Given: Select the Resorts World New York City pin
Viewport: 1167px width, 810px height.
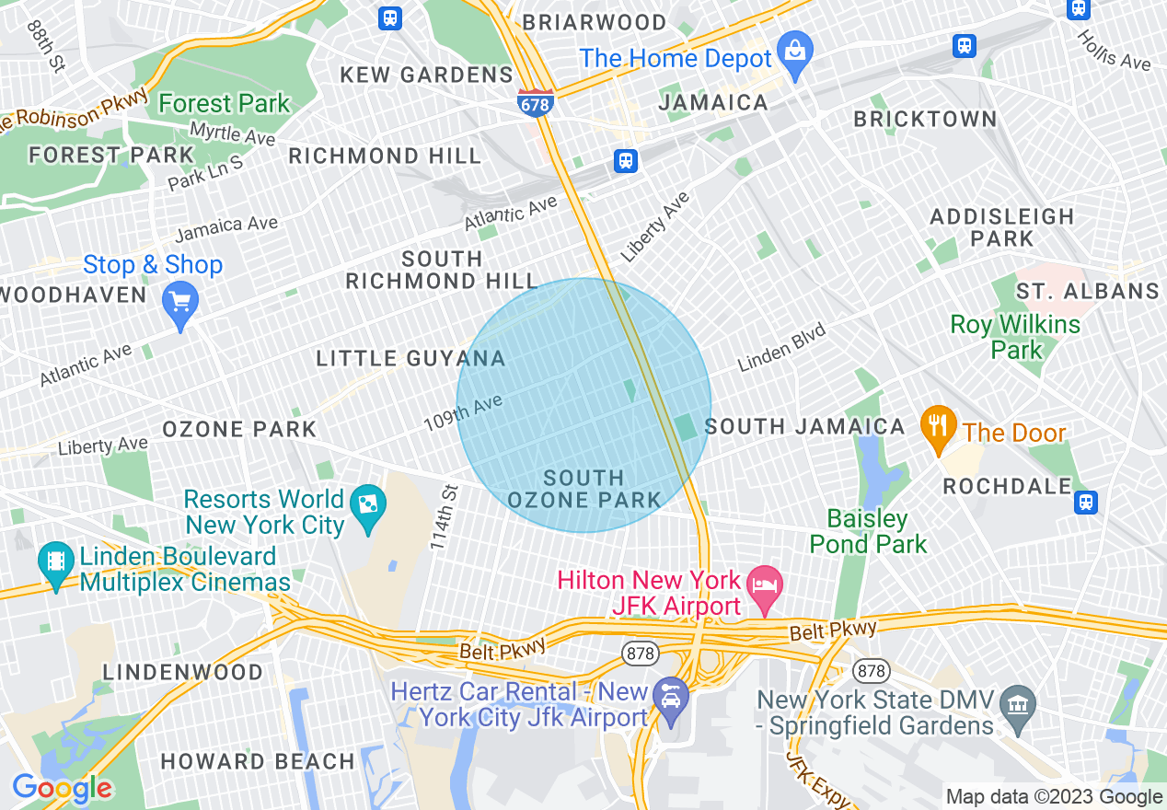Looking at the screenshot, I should pyautogui.click(x=368, y=506).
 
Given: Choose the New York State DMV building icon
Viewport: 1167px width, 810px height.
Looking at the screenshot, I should pyautogui.click(x=1017, y=705).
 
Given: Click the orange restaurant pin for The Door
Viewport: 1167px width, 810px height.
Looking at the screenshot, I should pyautogui.click(x=938, y=426).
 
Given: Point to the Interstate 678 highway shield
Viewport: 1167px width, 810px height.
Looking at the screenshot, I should pyautogui.click(x=534, y=103).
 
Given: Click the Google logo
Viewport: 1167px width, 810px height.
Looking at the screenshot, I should pyautogui.click(x=62, y=788).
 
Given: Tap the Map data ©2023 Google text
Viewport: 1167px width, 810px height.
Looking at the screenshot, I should pyautogui.click(x=1054, y=797).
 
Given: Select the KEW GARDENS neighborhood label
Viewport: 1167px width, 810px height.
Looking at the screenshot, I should pyautogui.click(x=426, y=75).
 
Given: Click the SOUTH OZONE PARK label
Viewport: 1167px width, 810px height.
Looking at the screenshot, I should pyautogui.click(x=583, y=489).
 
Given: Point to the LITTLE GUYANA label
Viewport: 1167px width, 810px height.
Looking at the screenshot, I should pyautogui.click(x=410, y=358).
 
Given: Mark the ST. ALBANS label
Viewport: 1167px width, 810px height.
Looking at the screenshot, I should pyautogui.click(x=1086, y=291).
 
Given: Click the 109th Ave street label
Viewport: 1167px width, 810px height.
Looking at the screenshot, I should pyautogui.click(x=462, y=412).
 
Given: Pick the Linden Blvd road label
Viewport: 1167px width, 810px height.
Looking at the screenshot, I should pyautogui.click(x=781, y=348).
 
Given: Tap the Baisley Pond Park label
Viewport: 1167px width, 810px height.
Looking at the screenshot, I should pyautogui.click(x=868, y=531).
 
